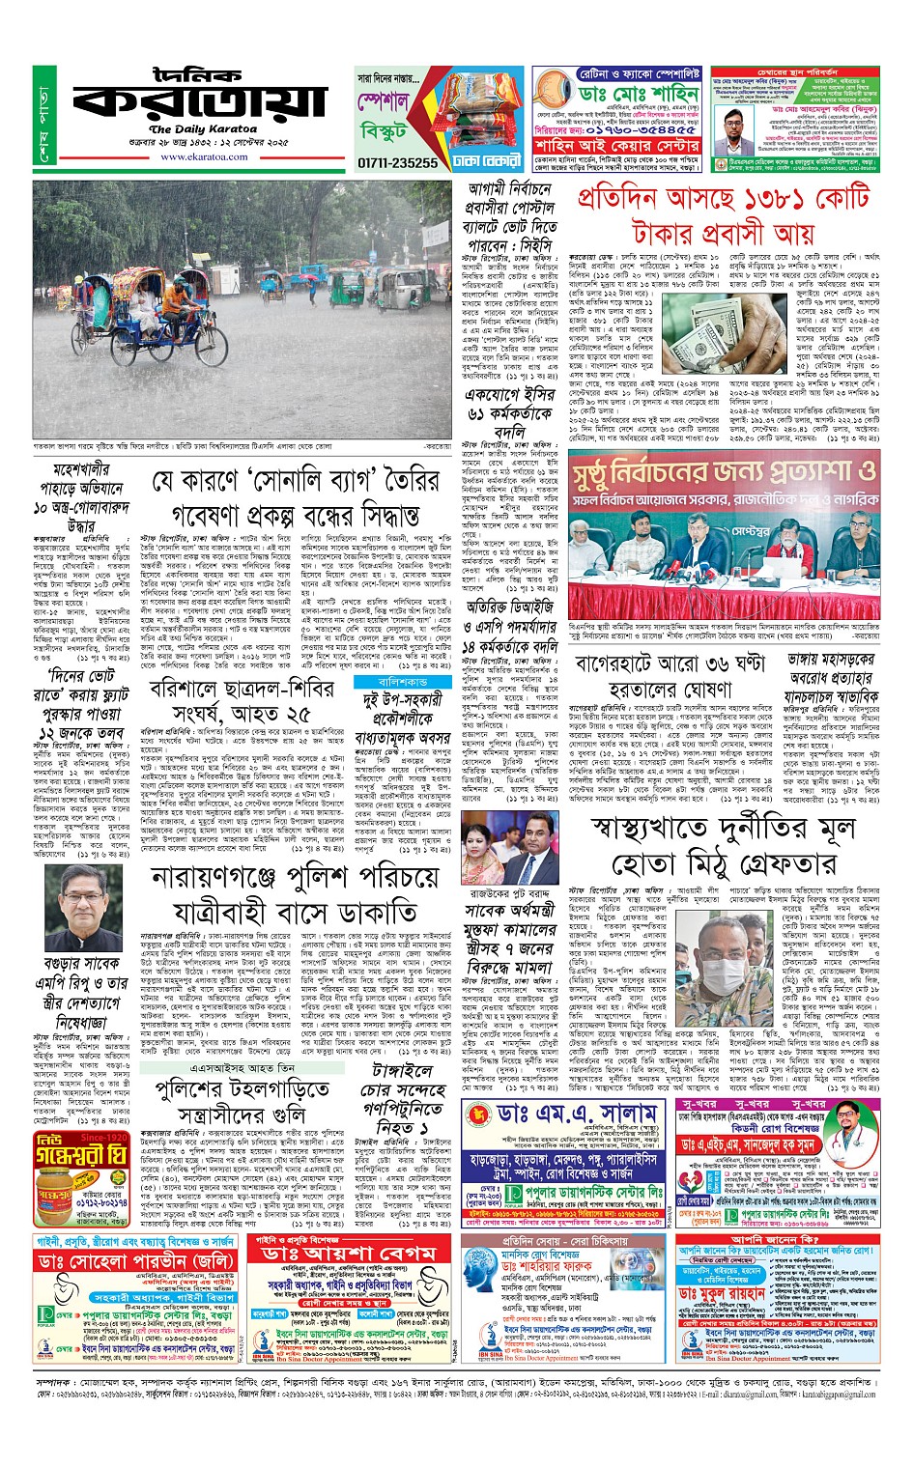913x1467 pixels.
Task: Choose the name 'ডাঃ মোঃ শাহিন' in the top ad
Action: point(627,94)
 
